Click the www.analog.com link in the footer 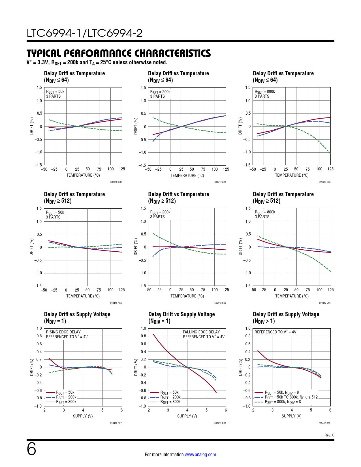tap(200, 455)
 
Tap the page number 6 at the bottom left tap(31, 449)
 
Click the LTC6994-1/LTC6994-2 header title tap(85, 33)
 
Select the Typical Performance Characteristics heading tap(119, 53)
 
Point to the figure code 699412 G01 tap(116, 182)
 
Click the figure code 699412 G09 tap(324, 423)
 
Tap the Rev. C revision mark tap(329, 435)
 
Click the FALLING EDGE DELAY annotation tap(201, 332)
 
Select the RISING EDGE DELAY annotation tap(63, 332)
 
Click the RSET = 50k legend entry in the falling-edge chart tap(169, 393)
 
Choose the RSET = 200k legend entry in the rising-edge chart tap(66, 397)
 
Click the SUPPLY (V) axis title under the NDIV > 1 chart tap(291, 416)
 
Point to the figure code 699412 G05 tap(220, 303)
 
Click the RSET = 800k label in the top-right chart tap(265, 92)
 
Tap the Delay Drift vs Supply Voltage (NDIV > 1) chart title tap(286, 318)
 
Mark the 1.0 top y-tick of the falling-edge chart tap(143, 328)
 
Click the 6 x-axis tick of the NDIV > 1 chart tap(330, 410)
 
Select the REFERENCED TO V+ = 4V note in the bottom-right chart tap(275, 332)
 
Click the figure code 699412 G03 tap(324, 182)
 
